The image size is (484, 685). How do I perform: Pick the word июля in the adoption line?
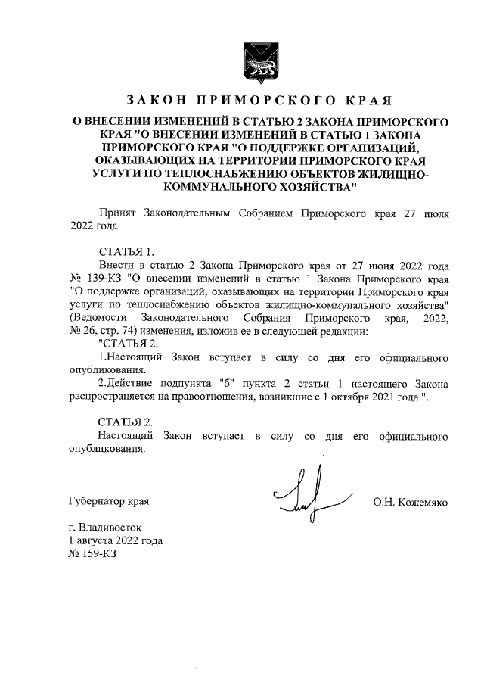pyautogui.click(x=434, y=213)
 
